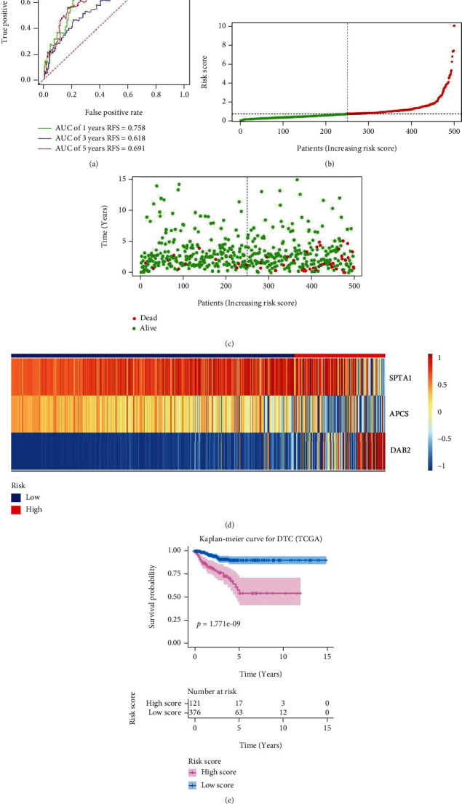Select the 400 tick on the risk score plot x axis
click(x=320, y=132)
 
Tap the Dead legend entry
click(x=148, y=317)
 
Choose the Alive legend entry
click(x=148, y=327)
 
